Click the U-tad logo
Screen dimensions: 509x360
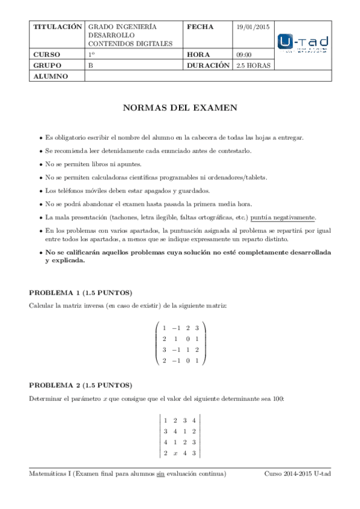[x=303, y=44]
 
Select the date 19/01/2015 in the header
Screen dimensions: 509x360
[x=253, y=27]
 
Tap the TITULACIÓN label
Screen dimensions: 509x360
[x=57, y=27]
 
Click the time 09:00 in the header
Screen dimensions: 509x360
[x=244, y=55]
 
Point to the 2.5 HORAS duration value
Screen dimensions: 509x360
[x=254, y=65]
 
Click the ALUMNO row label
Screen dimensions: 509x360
[x=50, y=76]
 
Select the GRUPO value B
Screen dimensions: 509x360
[x=91, y=65]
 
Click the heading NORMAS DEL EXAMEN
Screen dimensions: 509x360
[x=180, y=109]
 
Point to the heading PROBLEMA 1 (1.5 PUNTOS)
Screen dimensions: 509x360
[x=81, y=293]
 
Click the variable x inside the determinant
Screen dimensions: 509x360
[x=175, y=453]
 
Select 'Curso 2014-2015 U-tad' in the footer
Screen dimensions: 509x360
[x=297, y=474]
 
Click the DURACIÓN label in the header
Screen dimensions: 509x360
[x=209, y=65]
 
